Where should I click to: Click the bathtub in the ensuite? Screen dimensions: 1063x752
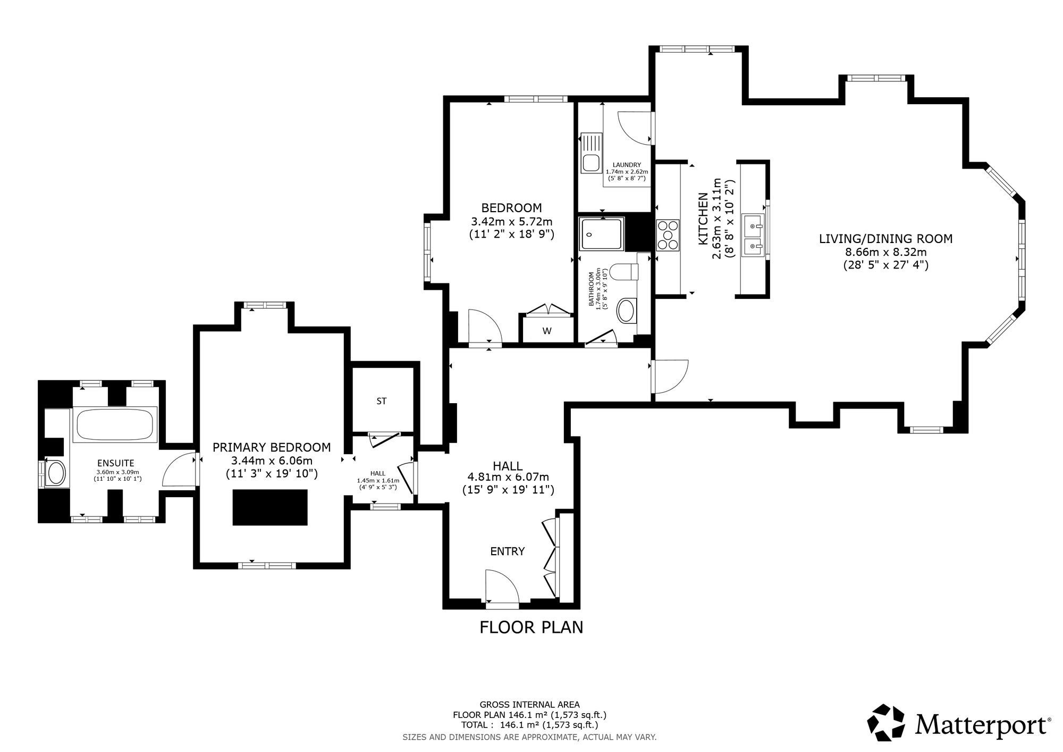click(115, 425)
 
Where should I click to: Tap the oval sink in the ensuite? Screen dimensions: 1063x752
click(56, 472)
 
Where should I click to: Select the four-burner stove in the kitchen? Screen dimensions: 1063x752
click(668, 235)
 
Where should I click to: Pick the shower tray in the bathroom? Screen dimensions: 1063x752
click(602, 233)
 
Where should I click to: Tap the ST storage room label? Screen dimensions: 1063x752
click(381, 402)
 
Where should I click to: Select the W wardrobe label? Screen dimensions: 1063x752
click(547, 331)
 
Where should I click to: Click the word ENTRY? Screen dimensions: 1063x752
click(508, 552)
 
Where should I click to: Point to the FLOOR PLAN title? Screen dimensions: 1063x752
click(531, 628)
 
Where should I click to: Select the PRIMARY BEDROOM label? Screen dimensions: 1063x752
click(272, 447)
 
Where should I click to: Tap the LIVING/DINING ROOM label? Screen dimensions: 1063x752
click(885, 239)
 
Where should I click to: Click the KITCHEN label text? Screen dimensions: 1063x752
click(703, 219)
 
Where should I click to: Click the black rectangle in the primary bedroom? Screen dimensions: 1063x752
click(270, 507)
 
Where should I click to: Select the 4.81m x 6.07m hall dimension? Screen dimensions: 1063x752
click(508, 478)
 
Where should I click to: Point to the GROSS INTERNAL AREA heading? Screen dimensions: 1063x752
click(529, 705)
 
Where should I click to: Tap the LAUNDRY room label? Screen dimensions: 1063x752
click(627, 165)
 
